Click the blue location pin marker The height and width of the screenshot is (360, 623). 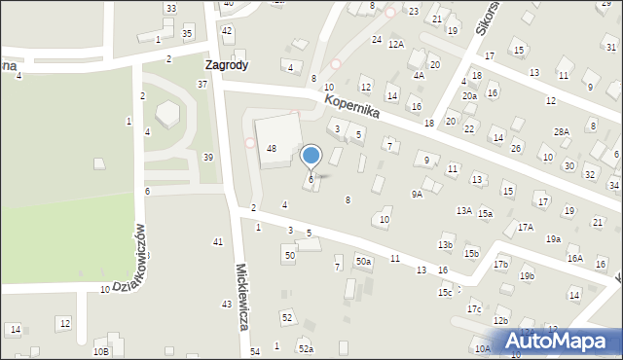[x=311, y=156]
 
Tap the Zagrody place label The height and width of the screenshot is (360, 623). [x=226, y=65]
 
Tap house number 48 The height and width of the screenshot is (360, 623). [x=273, y=148]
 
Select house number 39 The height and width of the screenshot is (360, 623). [x=208, y=158]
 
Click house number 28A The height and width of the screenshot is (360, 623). [x=562, y=131]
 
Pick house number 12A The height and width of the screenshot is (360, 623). [x=395, y=45]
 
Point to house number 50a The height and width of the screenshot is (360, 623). [x=363, y=261]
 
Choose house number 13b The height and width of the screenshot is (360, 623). [x=445, y=245]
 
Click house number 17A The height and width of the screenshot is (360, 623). [x=526, y=227]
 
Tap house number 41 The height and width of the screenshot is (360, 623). [x=218, y=241]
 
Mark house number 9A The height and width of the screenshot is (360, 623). [x=417, y=194]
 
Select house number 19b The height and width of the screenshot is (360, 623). [x=527, y=276]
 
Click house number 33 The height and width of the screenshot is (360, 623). [x=170, y=9]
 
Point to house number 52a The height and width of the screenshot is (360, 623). [x=306, y=348]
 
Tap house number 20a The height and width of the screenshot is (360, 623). [x=469, y=96]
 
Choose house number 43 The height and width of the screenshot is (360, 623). [x=226, y=305]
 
